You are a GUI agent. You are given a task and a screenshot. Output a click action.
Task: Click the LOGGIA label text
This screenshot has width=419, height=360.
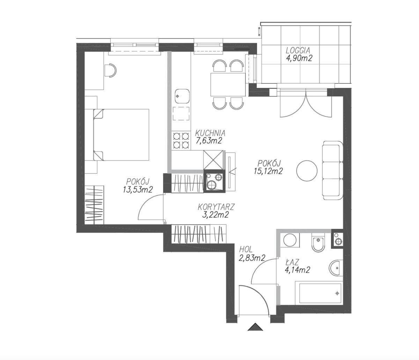pyautogui.click(x=298, y=50)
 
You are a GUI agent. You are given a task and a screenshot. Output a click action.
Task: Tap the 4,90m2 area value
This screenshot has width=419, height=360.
pyautogui.click(x=299, y=58)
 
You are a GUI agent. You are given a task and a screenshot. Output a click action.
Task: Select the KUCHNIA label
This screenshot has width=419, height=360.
pyautogui.click(x=210, y=133)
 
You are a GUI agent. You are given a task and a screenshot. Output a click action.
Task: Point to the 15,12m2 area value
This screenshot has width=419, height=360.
pyautogui.click(x=268, y=171)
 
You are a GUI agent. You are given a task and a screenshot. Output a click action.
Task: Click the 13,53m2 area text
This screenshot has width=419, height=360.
pyautogui.click(x=138, y=189)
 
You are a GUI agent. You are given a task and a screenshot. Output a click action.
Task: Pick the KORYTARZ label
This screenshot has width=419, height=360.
pyautogui.click(x=216, y=207)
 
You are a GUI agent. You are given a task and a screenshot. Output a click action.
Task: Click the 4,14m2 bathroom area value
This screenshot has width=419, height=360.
pyautogui.click(x=297, y=270)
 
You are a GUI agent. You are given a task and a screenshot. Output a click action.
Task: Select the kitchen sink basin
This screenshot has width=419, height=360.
pyautogui.click(x=182, y=97)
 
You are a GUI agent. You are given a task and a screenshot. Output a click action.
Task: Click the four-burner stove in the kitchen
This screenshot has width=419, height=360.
pyautogui.click(x=181, y=140)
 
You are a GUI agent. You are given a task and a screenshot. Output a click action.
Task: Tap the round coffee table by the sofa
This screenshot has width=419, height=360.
pyautogui.click(x=307, y=171)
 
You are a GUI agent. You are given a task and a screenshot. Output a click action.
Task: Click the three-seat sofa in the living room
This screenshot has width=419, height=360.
pyautogui.click(x=333, y=171)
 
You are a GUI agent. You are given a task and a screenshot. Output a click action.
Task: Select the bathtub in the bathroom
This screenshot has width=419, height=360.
pyautogui.click(x=319, y=293)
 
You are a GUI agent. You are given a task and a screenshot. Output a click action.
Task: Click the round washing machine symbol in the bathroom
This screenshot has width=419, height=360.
pyautogui.click(x=290, y=240)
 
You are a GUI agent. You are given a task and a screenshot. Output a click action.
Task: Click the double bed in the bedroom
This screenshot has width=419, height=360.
pyautogui.click(x=121, y=135)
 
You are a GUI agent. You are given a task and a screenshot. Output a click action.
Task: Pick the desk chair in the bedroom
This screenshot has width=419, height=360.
pyautogui.click(x=111, y=70)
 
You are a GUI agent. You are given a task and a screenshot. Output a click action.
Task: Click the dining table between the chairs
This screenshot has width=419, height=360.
pyautogui.click(x=228, y=85)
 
